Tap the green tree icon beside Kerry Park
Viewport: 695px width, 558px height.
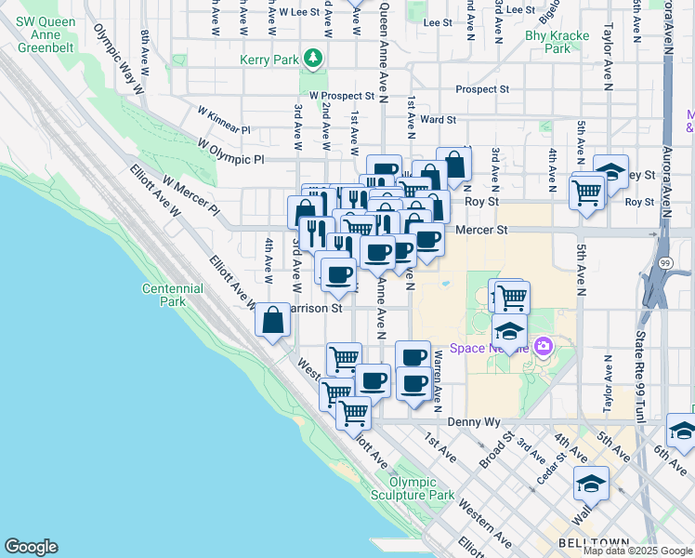pyautogui.click(x=315, y=59)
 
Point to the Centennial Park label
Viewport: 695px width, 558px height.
pyautogui.click(x=173, y=295)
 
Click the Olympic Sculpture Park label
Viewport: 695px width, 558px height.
pyautogui.click(x=422, y=488)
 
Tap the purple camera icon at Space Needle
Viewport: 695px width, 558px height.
pyautogui.click(x=544, y=348)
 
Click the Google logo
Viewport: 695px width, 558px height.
pyautogui.click(x=32, y=547)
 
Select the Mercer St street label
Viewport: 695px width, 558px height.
pyautogui.click(x=487, y=229)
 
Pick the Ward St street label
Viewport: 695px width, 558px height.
pyautogui.click(x=438, y=119)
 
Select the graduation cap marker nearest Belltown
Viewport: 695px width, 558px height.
pyautogui.click(x=591, y=484)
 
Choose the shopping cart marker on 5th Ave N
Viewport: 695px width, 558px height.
pyautogui.click(x=587, y=193)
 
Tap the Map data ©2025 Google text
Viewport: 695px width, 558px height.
pyautogui.click(x=636, y=551)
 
